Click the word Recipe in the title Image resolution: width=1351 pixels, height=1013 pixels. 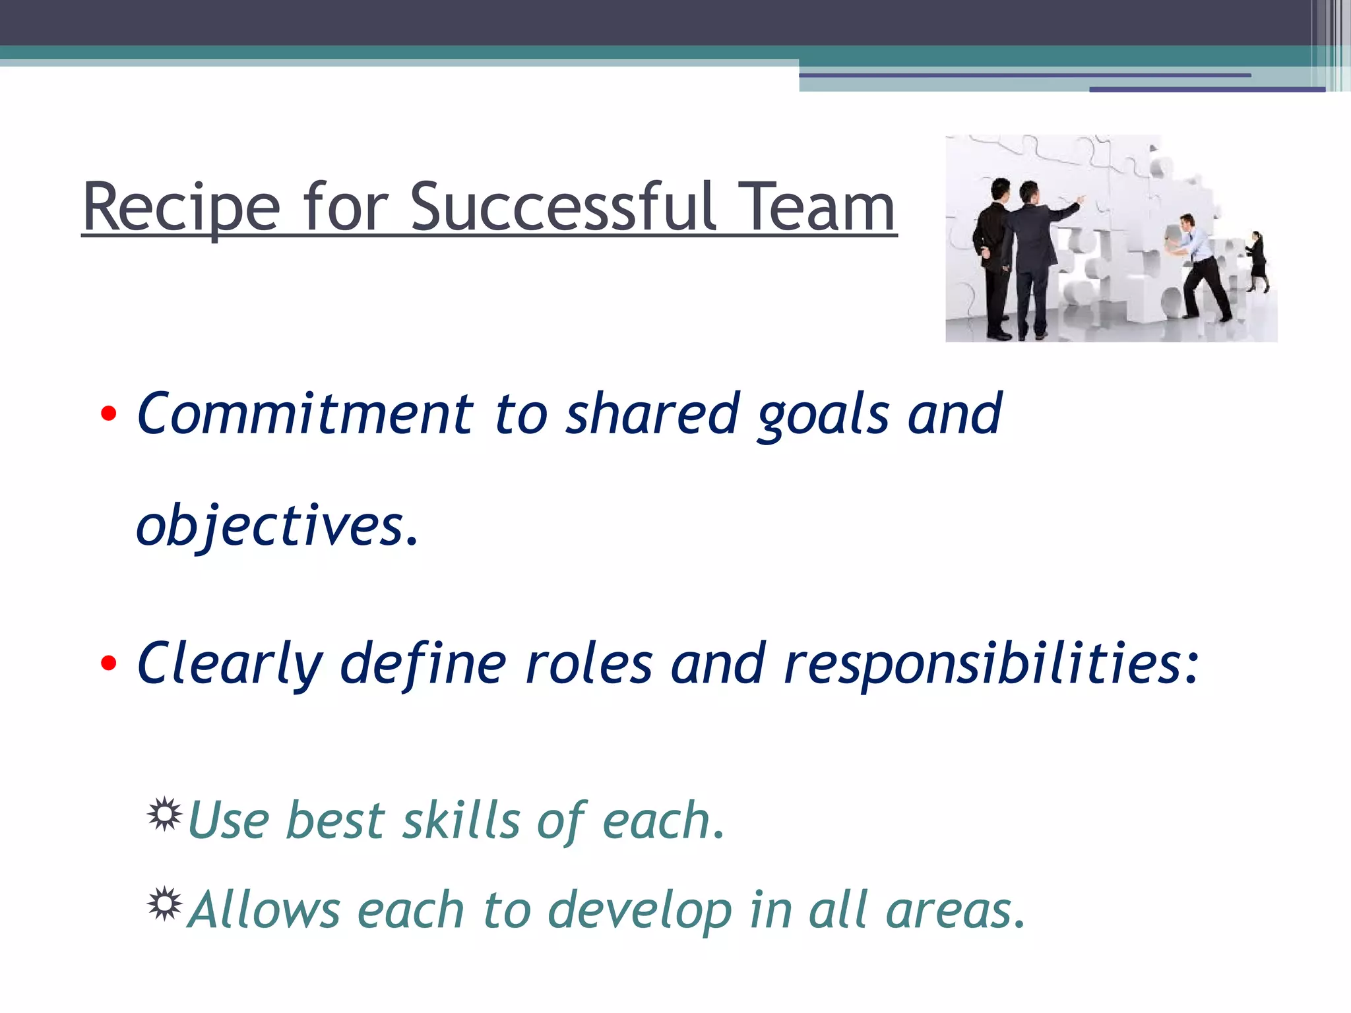[x=181, y=208]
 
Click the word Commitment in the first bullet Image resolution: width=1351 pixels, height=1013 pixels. [x=305, y=414]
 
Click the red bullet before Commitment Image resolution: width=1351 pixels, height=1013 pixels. [x=109, y=414]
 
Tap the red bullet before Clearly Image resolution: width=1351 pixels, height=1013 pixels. [x=109, y=663]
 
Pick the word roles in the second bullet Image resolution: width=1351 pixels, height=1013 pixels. [x=588, y=664]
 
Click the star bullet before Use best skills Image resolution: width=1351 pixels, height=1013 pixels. [x=164, y=814]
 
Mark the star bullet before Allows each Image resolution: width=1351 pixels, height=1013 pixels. [x=164, y=904]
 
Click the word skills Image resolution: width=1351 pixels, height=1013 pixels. [x=461, y=820]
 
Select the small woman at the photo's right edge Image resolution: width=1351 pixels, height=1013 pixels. [x=1257, y=261]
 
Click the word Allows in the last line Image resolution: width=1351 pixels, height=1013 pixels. [x=264, y=910]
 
